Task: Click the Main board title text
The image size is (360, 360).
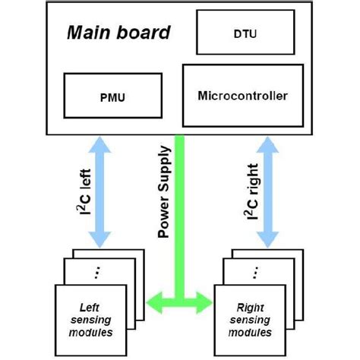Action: (117, 33)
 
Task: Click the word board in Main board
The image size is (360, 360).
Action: (142, 33)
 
